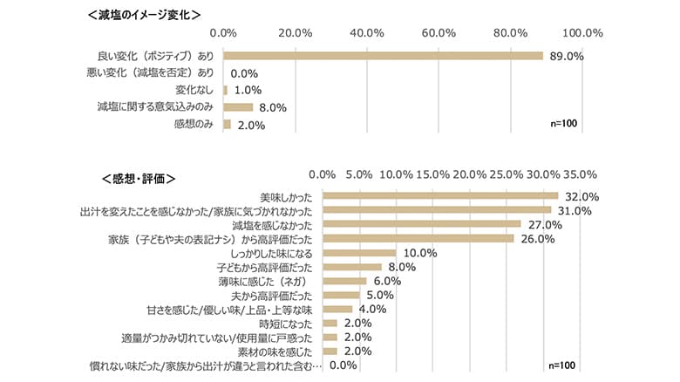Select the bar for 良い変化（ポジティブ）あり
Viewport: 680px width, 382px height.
click(384, 56)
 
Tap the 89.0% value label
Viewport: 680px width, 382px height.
click(565, 56)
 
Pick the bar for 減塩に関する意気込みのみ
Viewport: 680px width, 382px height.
click(238, 107)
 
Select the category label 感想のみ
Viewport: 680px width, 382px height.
click(194, 124)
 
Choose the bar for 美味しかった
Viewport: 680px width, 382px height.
click(440, 195)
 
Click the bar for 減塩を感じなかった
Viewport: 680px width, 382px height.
click(422, 224)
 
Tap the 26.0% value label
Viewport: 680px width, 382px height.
click(536, 238)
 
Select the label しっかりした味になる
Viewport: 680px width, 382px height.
click(267, 252)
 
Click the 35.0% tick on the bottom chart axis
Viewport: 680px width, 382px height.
click(581, 174)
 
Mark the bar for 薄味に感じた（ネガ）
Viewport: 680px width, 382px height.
click(344, 281)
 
